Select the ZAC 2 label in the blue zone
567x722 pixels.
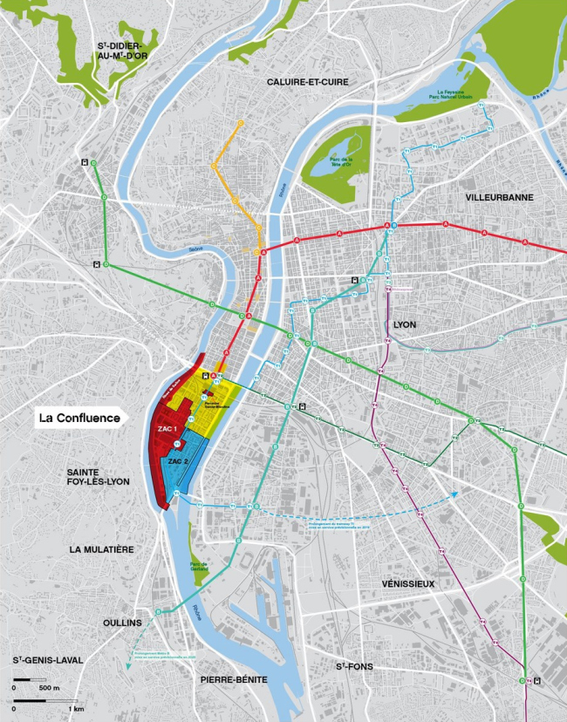point(180,460)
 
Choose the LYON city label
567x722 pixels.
point(405,324)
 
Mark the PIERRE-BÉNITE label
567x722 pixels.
point(233,678)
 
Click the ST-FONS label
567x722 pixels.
point(355,667)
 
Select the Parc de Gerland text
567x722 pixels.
point(202,568)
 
